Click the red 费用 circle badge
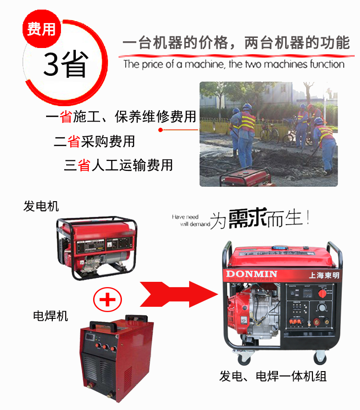(41, 29)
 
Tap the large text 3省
(65, 64)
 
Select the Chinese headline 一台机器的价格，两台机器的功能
(236, 43)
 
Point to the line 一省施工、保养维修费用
(121, 117)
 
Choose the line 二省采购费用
(94, 141)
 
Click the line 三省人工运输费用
(118, 166)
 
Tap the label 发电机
(41, 206)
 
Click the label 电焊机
(50, 315)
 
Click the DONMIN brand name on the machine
(250, 274)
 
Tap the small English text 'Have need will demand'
(191, 220)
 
